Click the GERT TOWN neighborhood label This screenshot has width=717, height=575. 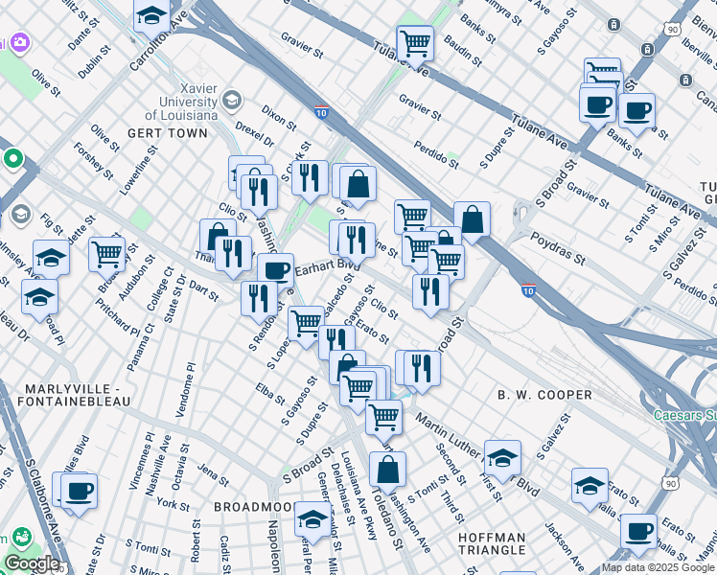pos(170,133)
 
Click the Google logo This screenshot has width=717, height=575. pos(32,563)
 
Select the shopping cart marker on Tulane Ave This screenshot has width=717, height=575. pos(415,42)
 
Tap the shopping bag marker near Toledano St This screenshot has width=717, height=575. pos(387,470)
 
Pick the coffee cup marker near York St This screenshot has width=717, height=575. pos(80,490)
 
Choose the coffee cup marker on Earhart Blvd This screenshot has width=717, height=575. pos(275,270)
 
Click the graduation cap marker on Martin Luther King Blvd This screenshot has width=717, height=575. pos(502,457)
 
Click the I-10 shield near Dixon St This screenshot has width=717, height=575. pos(320,113)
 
